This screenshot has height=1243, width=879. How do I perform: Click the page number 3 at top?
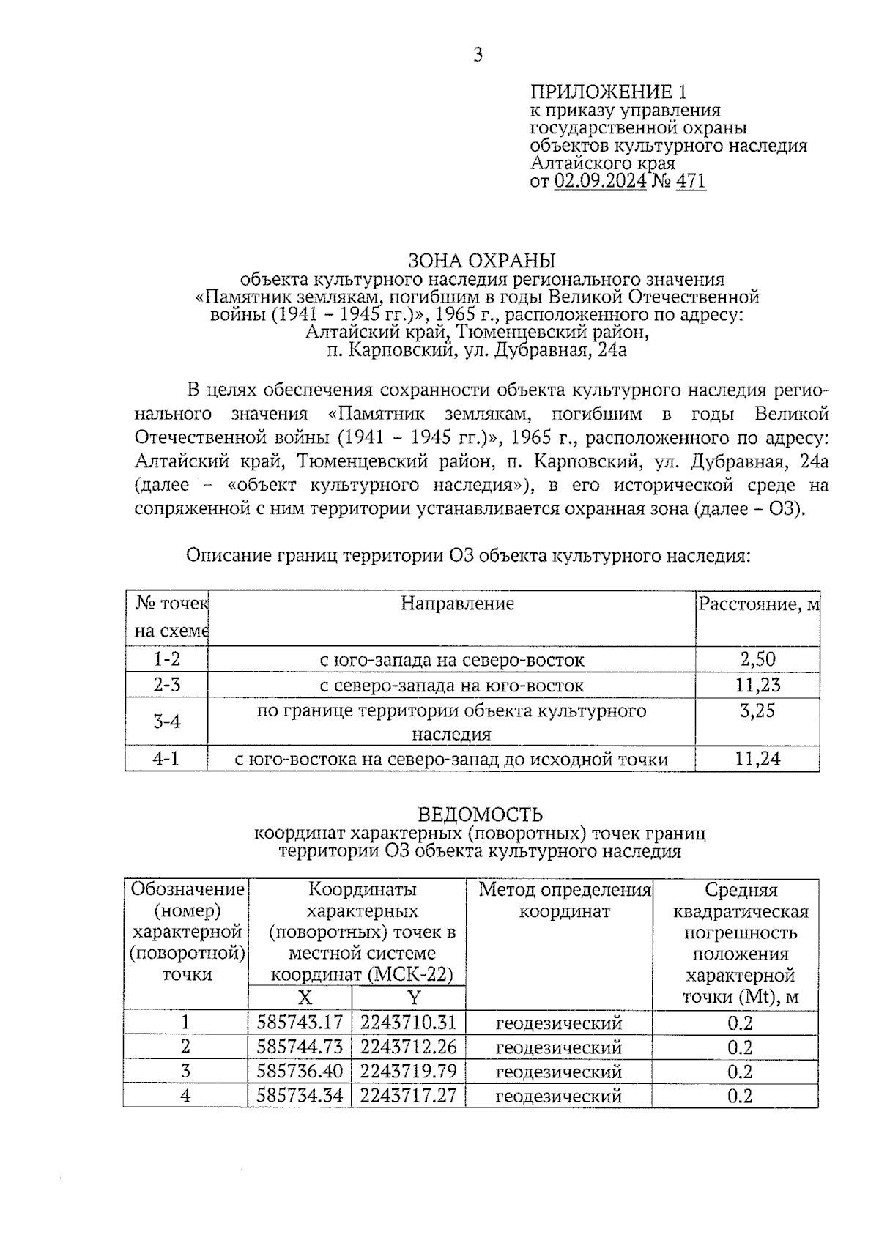478,55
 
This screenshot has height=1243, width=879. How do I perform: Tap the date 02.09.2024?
600,181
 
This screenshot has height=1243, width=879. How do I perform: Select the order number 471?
691,181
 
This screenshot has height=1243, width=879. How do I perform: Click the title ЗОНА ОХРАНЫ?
481,261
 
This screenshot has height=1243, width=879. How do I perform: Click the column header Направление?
457,604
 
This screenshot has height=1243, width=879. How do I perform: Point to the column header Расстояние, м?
758,604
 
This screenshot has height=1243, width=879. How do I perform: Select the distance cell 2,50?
757,659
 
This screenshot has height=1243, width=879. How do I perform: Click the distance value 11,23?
757,686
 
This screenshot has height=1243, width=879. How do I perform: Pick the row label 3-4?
166,722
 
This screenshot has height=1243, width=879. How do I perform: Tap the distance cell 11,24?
757,759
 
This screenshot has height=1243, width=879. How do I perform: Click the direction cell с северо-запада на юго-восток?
452,686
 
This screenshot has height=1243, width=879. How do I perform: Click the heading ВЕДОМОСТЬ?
480,815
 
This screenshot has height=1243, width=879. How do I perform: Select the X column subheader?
304,998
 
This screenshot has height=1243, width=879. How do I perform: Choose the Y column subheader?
414,998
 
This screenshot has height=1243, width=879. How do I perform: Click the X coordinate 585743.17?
300,1023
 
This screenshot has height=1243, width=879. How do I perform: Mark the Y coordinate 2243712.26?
409,1047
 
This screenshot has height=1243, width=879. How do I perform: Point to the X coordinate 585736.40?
300,1072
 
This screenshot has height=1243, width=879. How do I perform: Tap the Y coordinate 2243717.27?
409,1096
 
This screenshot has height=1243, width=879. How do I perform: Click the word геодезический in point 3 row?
558,1072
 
